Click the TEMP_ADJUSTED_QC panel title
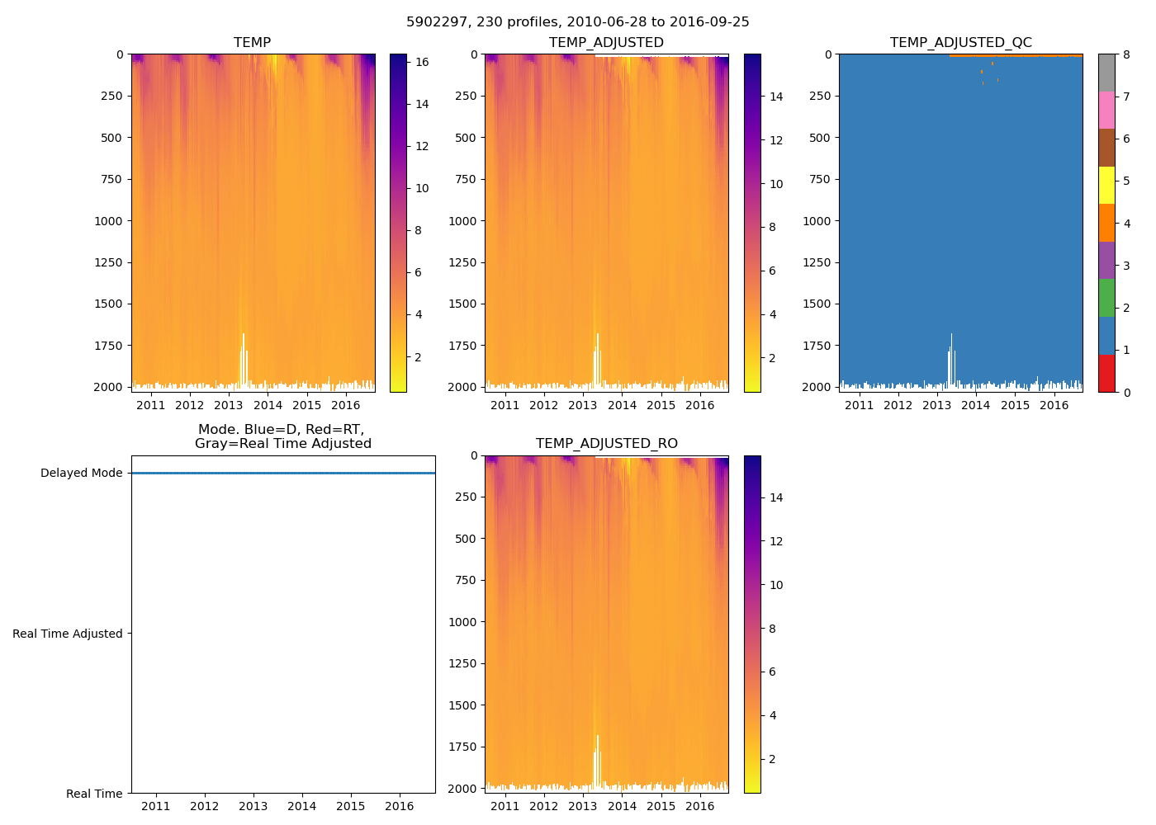pyautogui.click(x=960, y=42)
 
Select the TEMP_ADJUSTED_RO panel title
pyautogui.click(x=606, y=444)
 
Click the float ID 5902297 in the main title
pyautogui.click(x=435, y=22)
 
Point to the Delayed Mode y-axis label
pyautogui.click(x=81, y=474)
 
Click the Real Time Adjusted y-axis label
pyautogui.click(x=68, y=634)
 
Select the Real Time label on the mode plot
pyautogui.click(x=94, y=794)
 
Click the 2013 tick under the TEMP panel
pyautogui.click(x=229, y=405)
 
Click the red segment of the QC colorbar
pyautogui.click(x=1106, y=373)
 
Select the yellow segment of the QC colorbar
pyautogui.click(x=1106, y=185)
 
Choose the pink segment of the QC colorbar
pyautogui.click(x=1106, y=110)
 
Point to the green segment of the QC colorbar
pyautogui.click(x=1106, y=298)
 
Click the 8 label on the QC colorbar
pyautogui.click(x=1126, y=54)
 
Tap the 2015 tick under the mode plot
pyautogui.click(x=351, y=806)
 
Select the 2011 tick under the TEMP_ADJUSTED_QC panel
pyautogui.click(x=859, y=405)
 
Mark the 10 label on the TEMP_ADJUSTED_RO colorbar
pyautogui.click(x=776, y=585)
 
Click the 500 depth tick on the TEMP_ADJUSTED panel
pyautogui.click(x=467, y=138)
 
